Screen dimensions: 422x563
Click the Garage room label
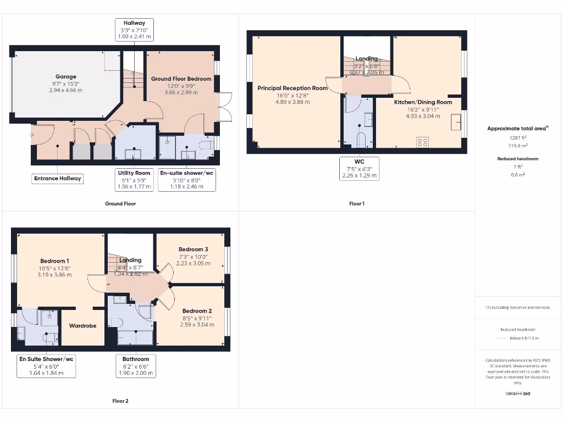tap(66, 77)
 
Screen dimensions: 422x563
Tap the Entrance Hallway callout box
tap(58, 178)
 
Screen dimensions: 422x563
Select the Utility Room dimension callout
tap(134, 180)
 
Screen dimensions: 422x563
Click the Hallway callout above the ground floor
tap(134, 30)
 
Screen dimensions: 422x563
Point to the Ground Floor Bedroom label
tap(181, 79)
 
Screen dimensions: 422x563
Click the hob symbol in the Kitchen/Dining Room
tap(423, 142)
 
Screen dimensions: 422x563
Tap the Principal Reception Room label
tap(292, 88)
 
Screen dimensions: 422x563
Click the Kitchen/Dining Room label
tap(423, 102)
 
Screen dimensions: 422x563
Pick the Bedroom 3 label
tap(193, 249)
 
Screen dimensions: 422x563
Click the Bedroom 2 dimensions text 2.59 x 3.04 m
tap(196, 324)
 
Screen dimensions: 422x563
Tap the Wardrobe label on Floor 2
tap(82, 326)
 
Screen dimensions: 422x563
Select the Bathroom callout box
tap(135, 366)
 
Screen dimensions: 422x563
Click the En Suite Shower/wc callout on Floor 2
tap(47, 366)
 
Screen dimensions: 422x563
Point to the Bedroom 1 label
tap(54, 261)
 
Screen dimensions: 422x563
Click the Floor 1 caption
tap(357, 204)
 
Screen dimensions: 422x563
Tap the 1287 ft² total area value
tap(517, 138)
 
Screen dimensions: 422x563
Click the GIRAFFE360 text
tap(517, 393)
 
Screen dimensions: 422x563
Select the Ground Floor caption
tap(120, 204)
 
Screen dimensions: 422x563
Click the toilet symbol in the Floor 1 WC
tap(361, 140)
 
